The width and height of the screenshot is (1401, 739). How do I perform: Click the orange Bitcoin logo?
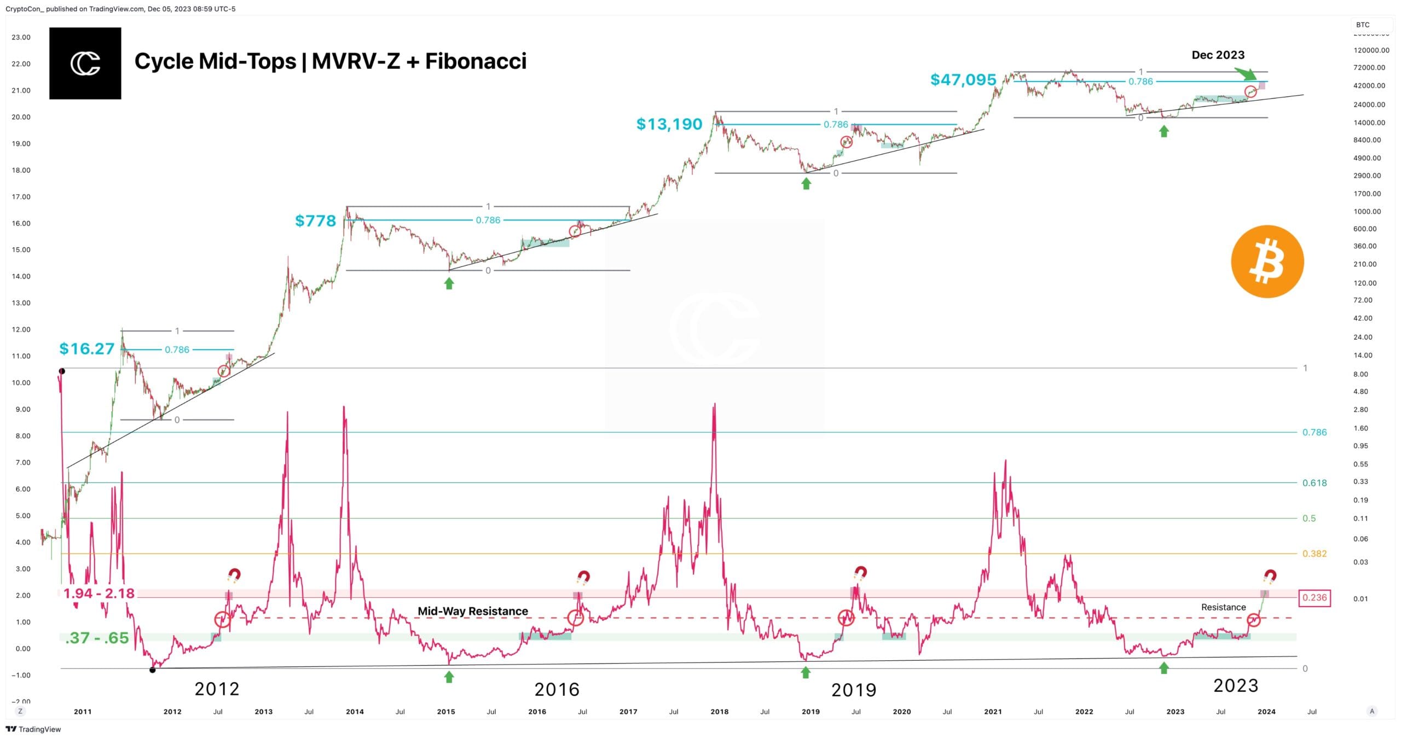tap(1267, 261)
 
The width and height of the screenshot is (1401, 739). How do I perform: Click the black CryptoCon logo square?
tap(85, 63)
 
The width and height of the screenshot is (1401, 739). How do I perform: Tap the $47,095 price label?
tap(963, 80)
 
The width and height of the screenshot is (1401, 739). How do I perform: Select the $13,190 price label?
tap(669, 124)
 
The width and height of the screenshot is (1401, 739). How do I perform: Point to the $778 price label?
tap(315, 221)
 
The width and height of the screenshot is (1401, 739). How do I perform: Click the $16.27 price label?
tap(86, 349)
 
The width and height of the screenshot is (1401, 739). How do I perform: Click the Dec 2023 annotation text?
tap(1218, 55)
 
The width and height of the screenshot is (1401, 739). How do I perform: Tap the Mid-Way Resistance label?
tap(473, 611)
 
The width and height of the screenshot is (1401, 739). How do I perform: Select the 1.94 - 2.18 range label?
tap(99, 593)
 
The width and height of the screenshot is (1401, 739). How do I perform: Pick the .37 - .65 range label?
tap(96, 638)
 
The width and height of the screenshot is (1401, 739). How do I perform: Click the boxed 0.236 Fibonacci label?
tap(1314, 597)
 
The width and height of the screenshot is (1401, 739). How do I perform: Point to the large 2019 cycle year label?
tap(853, 690)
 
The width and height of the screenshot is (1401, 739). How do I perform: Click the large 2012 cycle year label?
tap(217, 689)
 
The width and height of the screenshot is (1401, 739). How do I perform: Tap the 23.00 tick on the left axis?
tap(21, 37)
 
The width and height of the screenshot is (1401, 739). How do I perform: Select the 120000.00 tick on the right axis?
tap(1371, 50)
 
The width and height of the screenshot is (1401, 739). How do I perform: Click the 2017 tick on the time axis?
tap(628, 712)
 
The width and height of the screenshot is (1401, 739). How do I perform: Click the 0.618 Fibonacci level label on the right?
tap(1314, 483)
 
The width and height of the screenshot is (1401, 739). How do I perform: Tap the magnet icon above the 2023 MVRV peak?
tap(1270, 576)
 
